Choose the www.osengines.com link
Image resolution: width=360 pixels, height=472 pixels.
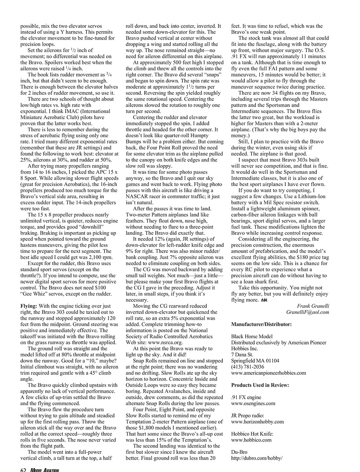[253, 403]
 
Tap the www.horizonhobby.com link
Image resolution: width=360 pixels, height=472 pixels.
[257, 422]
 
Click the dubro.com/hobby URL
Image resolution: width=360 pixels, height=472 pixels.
[257, 458]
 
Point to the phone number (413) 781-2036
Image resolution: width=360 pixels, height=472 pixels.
[248, 367]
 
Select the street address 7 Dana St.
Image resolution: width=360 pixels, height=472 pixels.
[242, 354]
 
